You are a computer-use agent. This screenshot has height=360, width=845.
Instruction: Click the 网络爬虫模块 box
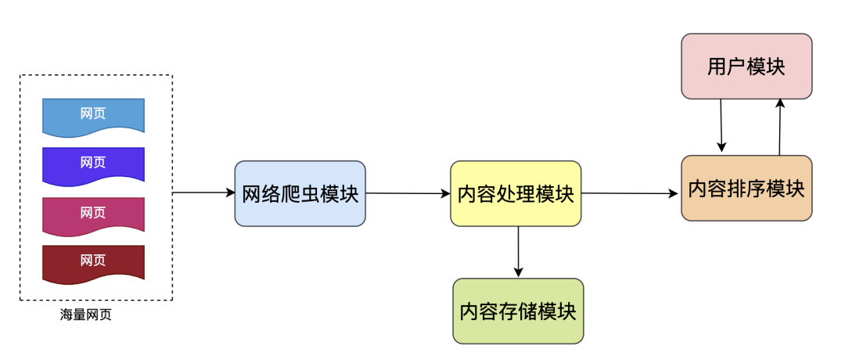click(300, 193)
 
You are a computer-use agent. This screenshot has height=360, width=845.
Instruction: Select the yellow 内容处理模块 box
click(516, 193)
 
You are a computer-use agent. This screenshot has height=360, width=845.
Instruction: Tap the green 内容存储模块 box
click(518, 311)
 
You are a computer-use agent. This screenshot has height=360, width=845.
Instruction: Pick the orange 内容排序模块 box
click(746, 188)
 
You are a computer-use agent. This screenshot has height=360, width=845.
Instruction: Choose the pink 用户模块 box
click(746, 67)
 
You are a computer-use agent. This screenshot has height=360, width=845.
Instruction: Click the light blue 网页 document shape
click(93, 117)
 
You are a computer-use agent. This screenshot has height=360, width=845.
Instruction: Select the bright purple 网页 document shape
click(93, 166)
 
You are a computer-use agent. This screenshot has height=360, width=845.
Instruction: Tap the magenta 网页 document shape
click(93, 216)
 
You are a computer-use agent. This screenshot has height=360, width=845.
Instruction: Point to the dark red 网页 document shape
click(93, 264)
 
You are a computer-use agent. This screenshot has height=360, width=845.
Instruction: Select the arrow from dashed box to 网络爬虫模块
click(203, 193)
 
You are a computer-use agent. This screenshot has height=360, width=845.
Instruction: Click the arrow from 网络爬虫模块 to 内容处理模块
click(408, 193)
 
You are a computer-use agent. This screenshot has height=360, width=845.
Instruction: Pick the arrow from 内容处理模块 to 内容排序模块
click(629, 193)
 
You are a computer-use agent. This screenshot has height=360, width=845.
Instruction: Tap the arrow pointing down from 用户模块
click(721, 125)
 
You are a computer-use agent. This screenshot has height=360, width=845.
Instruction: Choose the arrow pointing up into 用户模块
click(780, 127)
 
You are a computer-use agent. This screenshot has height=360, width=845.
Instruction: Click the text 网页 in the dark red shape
click(92, 261)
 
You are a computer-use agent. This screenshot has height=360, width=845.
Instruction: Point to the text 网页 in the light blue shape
click(92, 113)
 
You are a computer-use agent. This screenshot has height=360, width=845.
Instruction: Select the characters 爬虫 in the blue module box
click(300, 194)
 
